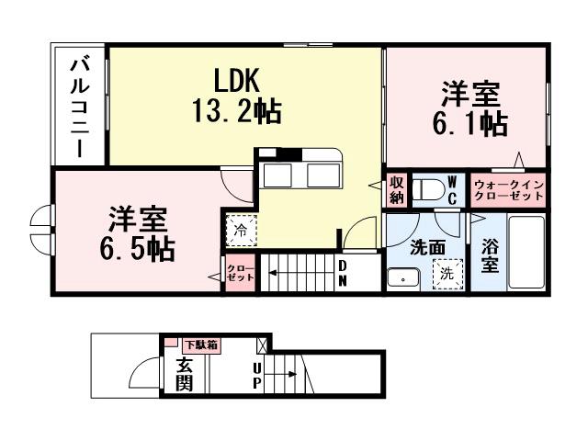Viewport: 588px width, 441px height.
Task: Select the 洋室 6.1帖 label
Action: click(x=472, y=107)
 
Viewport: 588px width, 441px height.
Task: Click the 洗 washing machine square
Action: click(x=447, y=273)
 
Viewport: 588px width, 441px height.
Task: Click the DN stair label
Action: click(x=343, y=272)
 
